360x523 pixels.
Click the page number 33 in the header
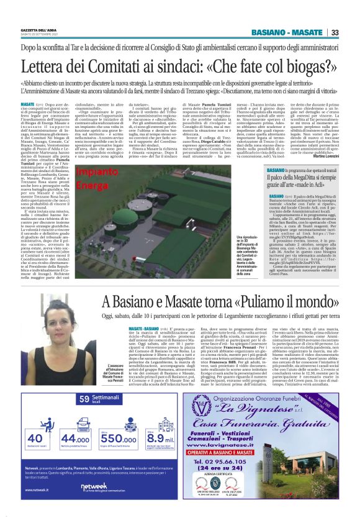point(334,33)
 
